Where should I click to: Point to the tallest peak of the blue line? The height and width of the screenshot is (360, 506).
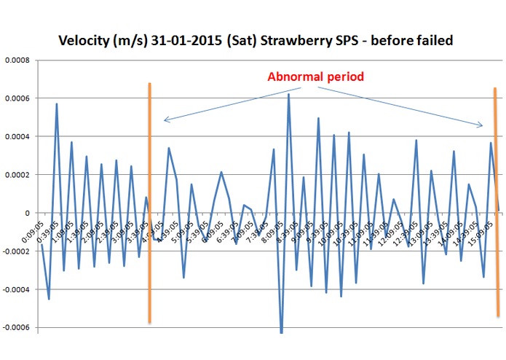[288, 94]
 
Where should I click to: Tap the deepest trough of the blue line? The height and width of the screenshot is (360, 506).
[282, 332]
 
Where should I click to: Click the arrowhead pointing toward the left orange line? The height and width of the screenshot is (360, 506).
[165, 120]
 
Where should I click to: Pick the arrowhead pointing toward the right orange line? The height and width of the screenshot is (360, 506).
[480, 126]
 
